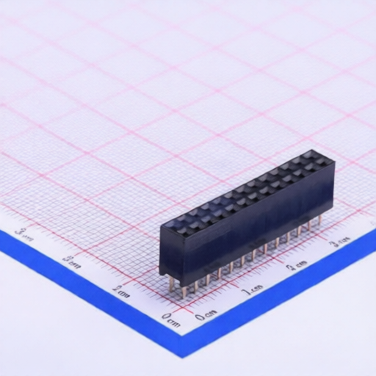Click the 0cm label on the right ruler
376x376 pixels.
pos(206,315)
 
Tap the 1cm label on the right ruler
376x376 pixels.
pos(252,290)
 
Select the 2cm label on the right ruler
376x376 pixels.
pos(296,265)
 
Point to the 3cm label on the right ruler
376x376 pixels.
pos(339,242)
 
